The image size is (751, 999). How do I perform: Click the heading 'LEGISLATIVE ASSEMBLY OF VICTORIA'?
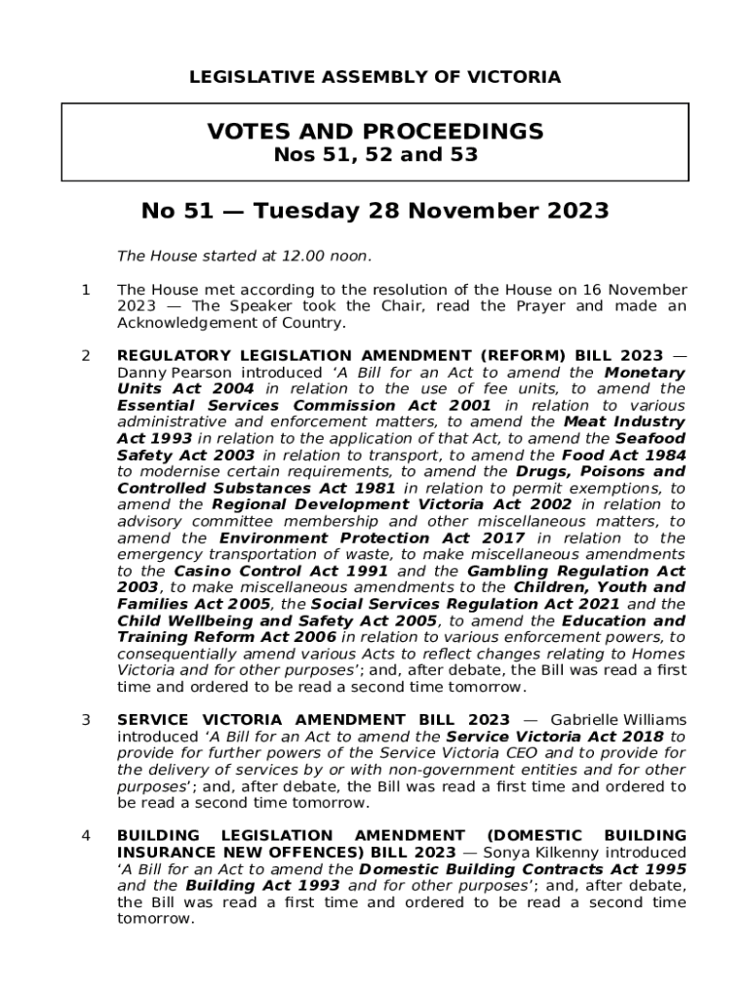coord(375,77)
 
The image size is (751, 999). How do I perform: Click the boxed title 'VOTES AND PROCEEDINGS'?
coord(375,131)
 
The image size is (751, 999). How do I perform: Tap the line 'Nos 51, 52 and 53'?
coord(375,154)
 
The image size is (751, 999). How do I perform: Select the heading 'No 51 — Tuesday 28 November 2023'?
coord(375,211)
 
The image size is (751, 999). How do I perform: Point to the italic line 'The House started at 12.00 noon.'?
coord(244,257)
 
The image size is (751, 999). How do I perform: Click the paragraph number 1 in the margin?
coord(86,290)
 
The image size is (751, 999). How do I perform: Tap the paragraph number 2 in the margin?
coord(86,356)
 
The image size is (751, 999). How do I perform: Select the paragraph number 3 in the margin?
coord(86,721)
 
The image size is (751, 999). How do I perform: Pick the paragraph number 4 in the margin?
coord(86,836)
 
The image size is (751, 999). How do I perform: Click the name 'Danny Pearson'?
coord(167,373)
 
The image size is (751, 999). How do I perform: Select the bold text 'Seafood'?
coord(649,439)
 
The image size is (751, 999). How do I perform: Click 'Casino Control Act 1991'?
coord(282,572)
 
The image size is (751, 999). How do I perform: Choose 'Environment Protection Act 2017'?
coord(372,539)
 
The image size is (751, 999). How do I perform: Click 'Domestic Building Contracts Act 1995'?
coord(523,869)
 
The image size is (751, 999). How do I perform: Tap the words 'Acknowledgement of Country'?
coord(229,323)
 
